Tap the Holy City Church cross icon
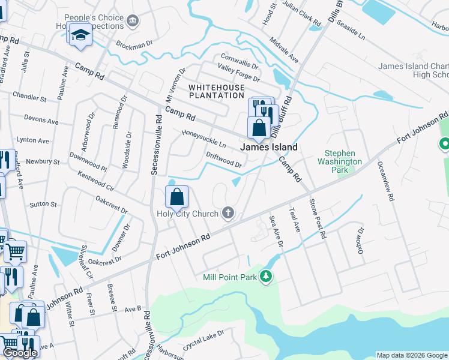[x=228, y=212]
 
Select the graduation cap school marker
[x=80, y=35]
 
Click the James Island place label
[x=269, y=147]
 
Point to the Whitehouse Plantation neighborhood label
[x=217, y=91]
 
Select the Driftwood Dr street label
[x=223, y=159]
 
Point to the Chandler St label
[x=25, y=96]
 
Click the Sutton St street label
[x=43, y=204]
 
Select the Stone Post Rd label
[x=317, y=219]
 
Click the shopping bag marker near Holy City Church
[x=177, y=197]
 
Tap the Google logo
[x=20, y=353]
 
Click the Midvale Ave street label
[x=284, y=50]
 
